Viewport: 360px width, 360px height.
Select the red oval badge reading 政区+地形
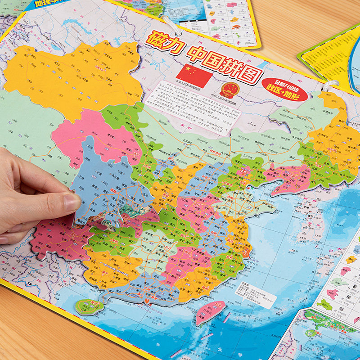[x=287, y=93]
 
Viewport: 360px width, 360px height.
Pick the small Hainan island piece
[x=87, y=307]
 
